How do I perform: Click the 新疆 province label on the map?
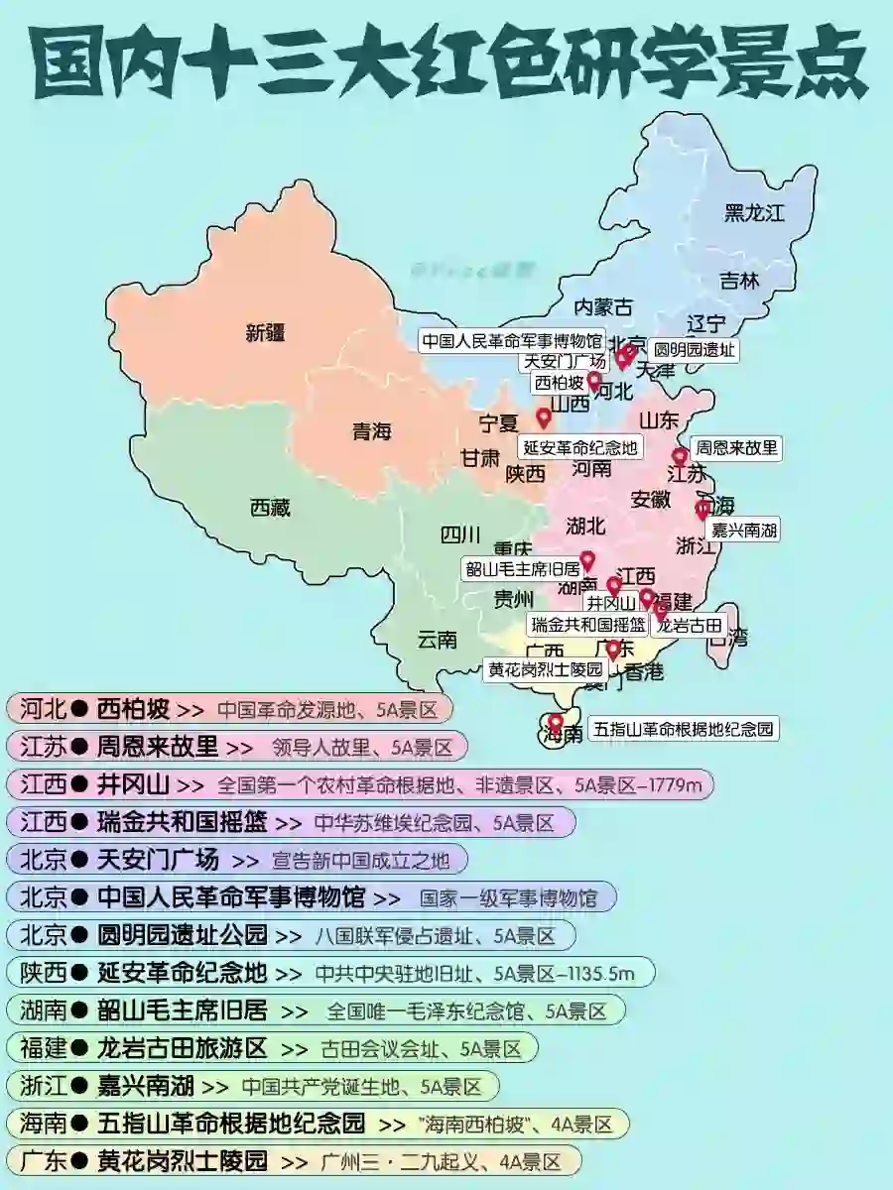pos(265,333)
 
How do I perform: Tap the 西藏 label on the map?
pos(270,509)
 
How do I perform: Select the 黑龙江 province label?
pos(754,211)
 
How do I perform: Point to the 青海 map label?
pos(372,431)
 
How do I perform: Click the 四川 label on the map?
pos(459,535)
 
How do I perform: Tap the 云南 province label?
pos(438,640)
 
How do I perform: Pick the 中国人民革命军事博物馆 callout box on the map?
pos(512,340)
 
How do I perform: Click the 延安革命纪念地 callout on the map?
pos(580,446)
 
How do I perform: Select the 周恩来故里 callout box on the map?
pos(735,447)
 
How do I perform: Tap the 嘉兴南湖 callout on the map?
pos(743,530)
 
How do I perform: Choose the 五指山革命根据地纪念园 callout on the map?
pos(684,729)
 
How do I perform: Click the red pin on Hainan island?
pos(556,722)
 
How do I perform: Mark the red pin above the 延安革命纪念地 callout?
pos(544,417)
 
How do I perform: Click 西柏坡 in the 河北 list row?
pos(133,709)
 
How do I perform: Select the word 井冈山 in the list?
pos(133,784)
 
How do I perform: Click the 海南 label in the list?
pos(43,1124)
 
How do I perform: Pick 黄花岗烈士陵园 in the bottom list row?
pos(183,1160)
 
